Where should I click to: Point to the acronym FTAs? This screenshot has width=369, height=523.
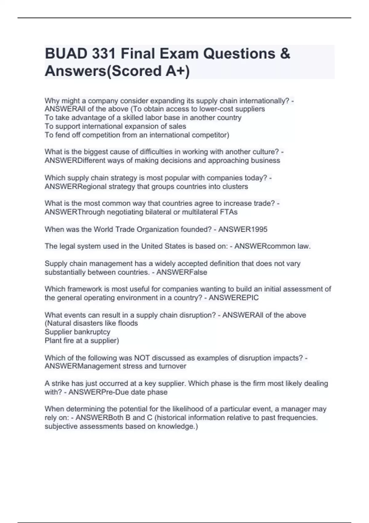pyautogui.click(x=229, y=212)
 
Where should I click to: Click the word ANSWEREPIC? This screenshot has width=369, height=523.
pyautogui.click(x=234, y=298)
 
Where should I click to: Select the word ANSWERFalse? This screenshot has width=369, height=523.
pyautogui.click(x=182, y=272)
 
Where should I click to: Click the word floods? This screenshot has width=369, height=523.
pyautogui.click(x=128, y=323)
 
